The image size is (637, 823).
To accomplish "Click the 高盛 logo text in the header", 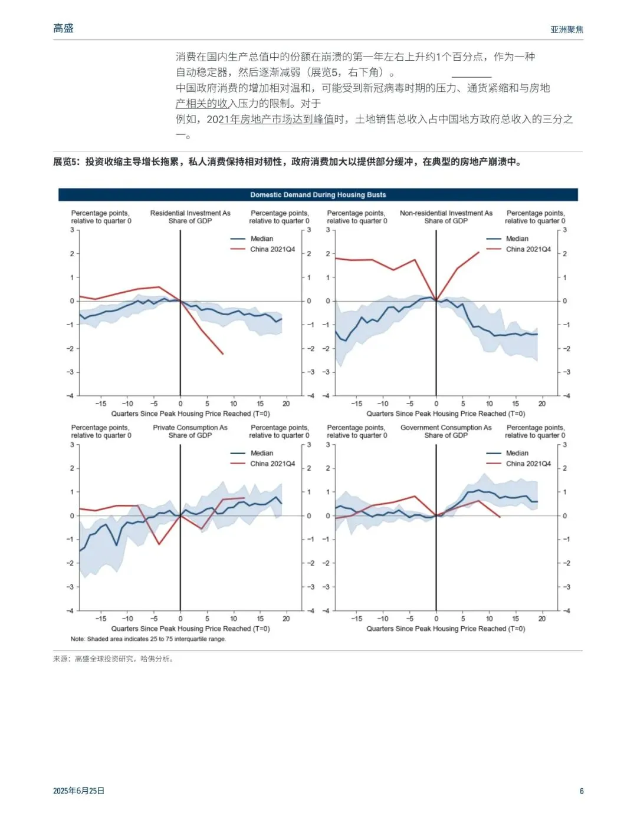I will (x=63, y=28).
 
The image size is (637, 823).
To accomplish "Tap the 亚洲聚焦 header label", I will (x=566, y=29).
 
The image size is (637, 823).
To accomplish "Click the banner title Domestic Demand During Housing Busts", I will (x=318, y=195).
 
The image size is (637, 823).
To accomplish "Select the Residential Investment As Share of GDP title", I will (x=190, y=217).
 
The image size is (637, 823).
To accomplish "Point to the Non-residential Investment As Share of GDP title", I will (x=446, y=217).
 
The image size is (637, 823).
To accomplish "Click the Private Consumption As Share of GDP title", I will (x=190, y=431).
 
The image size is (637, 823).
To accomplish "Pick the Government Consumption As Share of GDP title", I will (x=446, y=431).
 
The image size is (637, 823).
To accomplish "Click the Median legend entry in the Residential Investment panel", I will (x=261, y=239).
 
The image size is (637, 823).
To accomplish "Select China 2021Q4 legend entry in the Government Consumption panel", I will (x=528, y=464).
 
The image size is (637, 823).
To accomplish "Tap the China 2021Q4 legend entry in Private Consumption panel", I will (x=272, y=464).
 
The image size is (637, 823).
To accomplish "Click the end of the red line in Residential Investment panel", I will (x=223, y=353).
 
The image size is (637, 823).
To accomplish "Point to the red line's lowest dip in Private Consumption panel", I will (x=159, y=543).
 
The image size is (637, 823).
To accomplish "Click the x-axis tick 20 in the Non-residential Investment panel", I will (x=541, y=404).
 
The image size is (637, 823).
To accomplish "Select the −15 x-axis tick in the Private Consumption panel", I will (x=101, y=619).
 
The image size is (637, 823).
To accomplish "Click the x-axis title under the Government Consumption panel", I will (x=445, y=629).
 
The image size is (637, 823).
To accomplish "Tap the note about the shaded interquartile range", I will (x=148, y=639).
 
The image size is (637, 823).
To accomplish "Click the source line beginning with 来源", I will (x=113, y=659).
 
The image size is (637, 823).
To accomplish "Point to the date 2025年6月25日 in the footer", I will (x=78, y=791).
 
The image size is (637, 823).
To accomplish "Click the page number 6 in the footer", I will (x=582, y=791).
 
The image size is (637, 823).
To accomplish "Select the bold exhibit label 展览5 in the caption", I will (x=65, y=162).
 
